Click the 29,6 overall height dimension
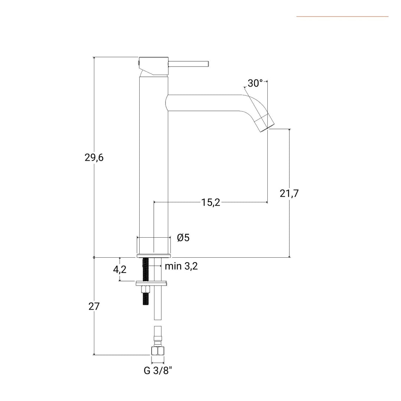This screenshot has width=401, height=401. click(94, 157)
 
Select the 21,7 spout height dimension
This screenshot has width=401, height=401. click(289, 193)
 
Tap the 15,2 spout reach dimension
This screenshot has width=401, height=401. click(211, 202)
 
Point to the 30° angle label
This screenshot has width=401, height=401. click(255, 84)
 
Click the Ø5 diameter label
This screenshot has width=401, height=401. click(183, 238)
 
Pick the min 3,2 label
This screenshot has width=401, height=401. click(181, 266)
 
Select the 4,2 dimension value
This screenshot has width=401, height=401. click(120, 269)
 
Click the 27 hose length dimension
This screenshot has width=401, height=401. click(94, 306)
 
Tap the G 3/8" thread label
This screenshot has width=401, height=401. click(158, 370)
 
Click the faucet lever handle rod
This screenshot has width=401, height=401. click(189, 64)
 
